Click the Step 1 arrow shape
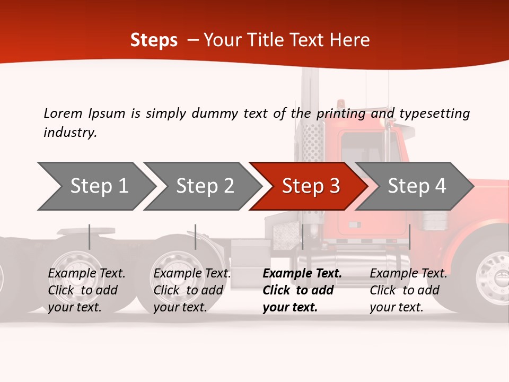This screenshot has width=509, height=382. tap(98, 186)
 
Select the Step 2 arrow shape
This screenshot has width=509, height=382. tap(204, 186)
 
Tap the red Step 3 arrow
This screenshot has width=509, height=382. tap(310, 186)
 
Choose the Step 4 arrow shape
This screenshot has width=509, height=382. tap(416, 186)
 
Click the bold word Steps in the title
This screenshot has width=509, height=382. tap(154, 40)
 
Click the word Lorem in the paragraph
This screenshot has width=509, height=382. tap(63, 113)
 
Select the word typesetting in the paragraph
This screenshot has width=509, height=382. tap(434, 114)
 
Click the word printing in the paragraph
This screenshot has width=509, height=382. tap(341, 114)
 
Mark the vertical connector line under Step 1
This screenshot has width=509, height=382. tap(90, 237)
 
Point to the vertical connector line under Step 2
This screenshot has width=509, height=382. tap(196, 237)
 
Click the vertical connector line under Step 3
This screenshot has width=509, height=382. tap(302, 237)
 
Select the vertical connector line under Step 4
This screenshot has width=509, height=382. tap(409, 237)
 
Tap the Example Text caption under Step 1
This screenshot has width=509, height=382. tap(86, 290)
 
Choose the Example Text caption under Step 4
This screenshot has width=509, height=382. tap(408, 290)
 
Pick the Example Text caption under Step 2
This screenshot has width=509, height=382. tap(192, 290)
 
